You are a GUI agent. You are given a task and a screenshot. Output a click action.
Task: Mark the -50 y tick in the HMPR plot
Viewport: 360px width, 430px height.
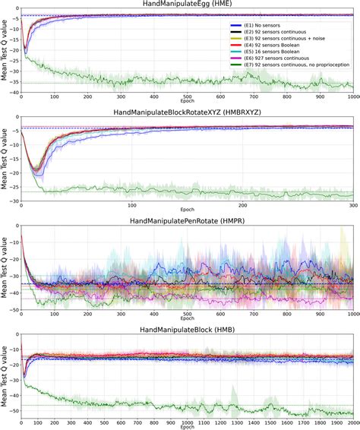pyautogui.click(x=13, y=309)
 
